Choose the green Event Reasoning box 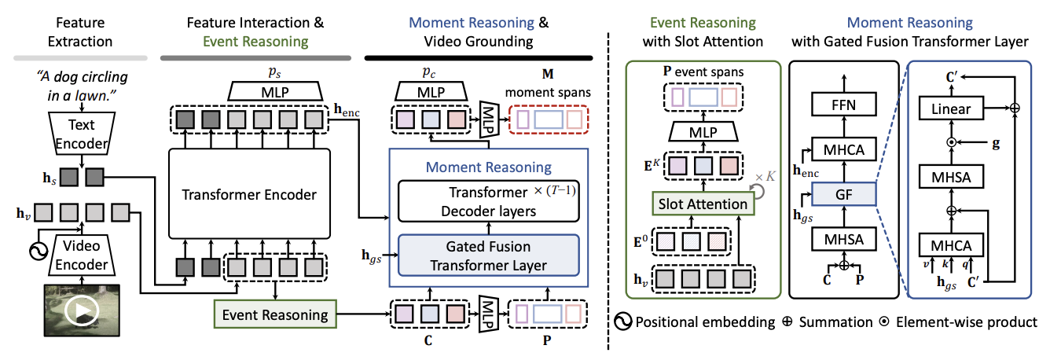coord(274,315)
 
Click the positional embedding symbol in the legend coord(622,322)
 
